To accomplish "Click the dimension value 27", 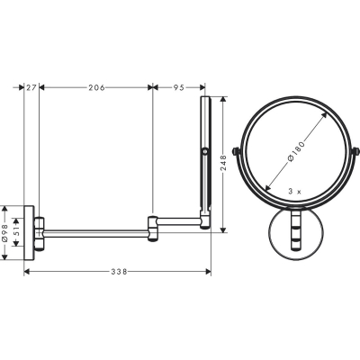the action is tap(31, 87).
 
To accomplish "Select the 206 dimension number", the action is tap(96, 87).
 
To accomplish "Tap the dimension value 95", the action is tap(178, 87).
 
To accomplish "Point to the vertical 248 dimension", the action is tap(224, 163).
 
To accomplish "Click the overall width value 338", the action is tap(120, 272).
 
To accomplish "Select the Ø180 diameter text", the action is tap(296, 151).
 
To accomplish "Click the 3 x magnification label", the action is tap(294, 192).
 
